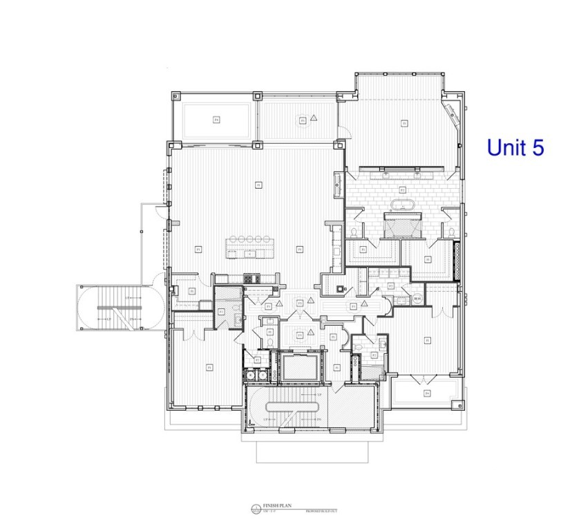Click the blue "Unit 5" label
(515, 147)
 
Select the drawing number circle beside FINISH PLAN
(257, 510)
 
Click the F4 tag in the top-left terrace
(216, 120)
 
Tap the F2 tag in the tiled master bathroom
(402, 189)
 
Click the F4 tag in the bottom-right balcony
(427, 393)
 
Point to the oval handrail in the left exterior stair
(111, 306)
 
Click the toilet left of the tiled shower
(354, 232)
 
